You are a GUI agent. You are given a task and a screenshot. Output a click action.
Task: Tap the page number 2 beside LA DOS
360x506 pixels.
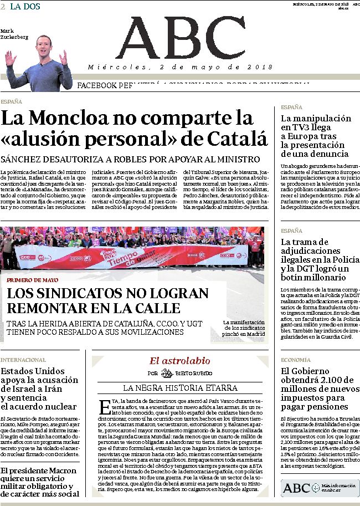point(3,6)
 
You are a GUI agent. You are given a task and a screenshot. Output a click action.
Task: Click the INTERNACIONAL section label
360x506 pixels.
point(23,360)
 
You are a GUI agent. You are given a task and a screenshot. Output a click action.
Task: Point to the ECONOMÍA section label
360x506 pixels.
point(295,360)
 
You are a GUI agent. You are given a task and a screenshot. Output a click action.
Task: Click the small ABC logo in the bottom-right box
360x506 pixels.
point(296,488)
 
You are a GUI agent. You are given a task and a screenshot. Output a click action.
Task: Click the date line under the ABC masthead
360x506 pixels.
point(181,67)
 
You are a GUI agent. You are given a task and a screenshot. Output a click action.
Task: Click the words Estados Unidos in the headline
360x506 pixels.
point(33,371)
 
